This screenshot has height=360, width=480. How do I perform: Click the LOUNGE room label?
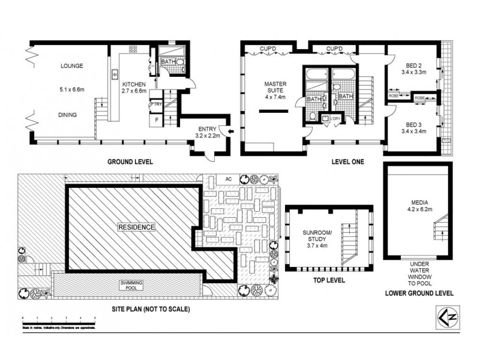click(x=71, y=66)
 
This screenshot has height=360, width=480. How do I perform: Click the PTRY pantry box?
click(x=156, y=104)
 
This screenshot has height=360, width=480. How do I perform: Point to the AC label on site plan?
click(x=228, y=179)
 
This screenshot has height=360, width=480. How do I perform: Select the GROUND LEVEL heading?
click(x=130, y=162)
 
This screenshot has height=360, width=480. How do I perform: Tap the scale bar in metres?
click(x=59, y=317)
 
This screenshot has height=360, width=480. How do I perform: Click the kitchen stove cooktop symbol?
click(x=132, y=50)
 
